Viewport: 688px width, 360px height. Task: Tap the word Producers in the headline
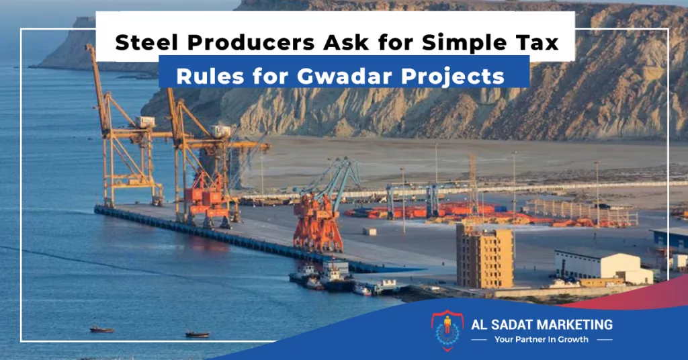pos(251,42)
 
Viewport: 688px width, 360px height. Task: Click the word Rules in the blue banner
pos(210,76)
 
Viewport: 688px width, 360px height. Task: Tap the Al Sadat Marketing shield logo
pos(447,330)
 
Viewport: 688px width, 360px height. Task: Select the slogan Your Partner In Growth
pos(542,339)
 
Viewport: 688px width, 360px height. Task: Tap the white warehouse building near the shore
pos(603,267)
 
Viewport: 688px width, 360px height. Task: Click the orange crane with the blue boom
pos(322,206)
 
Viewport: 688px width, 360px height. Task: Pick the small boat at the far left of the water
pos(102,329)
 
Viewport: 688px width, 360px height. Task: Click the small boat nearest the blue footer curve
pos(197,334)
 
